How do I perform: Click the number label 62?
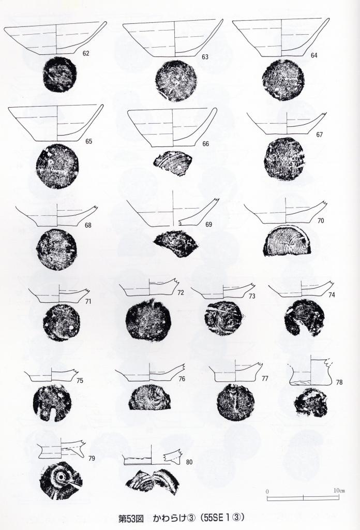(86, 53)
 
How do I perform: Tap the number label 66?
(206, 144)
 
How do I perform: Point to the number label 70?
(321, 220)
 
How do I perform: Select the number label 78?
(339, 382)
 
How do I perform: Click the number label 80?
(189, 462)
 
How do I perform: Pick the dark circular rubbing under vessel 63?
(176, 80)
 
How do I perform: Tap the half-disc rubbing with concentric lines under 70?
(288, 240)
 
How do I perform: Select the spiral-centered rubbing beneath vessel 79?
(61, 480)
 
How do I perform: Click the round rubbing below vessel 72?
(148, 321)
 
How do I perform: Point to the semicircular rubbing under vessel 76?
(149, 397)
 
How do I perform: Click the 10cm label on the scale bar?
(339, 491)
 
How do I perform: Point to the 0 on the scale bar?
(267, 491)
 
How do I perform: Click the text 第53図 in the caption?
(131, 518)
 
